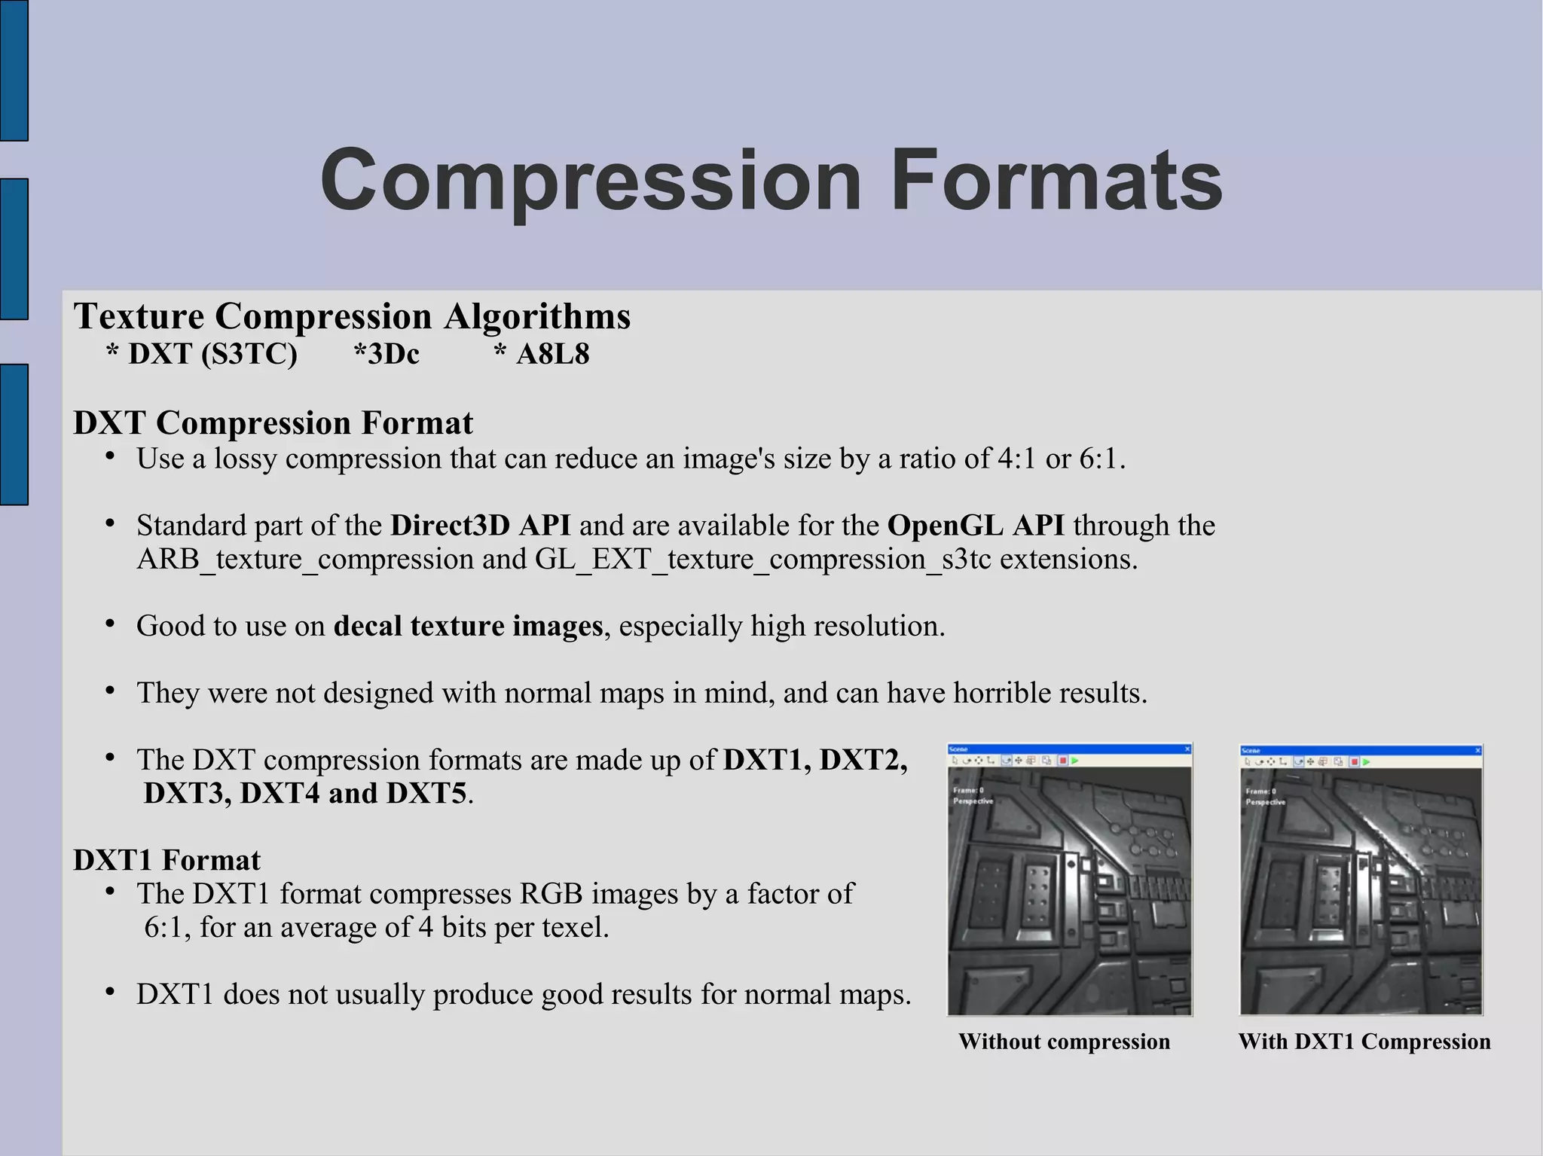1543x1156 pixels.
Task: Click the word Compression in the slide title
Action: click(590, 181)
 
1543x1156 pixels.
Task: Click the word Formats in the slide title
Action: click(1056, 181)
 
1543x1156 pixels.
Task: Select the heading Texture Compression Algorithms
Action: click(352, 316)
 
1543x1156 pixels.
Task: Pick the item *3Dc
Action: click(387, 354)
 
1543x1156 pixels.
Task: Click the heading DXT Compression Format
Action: click(273, 423)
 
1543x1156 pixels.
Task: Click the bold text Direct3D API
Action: click(480, 526)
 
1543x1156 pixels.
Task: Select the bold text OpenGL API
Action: click(976, 526)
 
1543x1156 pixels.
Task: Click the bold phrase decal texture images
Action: click(468, 627)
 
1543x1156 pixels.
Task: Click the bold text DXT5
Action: click(426, 794)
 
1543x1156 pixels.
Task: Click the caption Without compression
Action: click(1064, 1042)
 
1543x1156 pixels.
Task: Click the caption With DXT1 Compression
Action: click(1364, 1042)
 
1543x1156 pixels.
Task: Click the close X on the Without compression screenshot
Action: click(1187, 749)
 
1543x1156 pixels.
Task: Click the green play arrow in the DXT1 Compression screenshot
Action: click(1366, 762)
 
